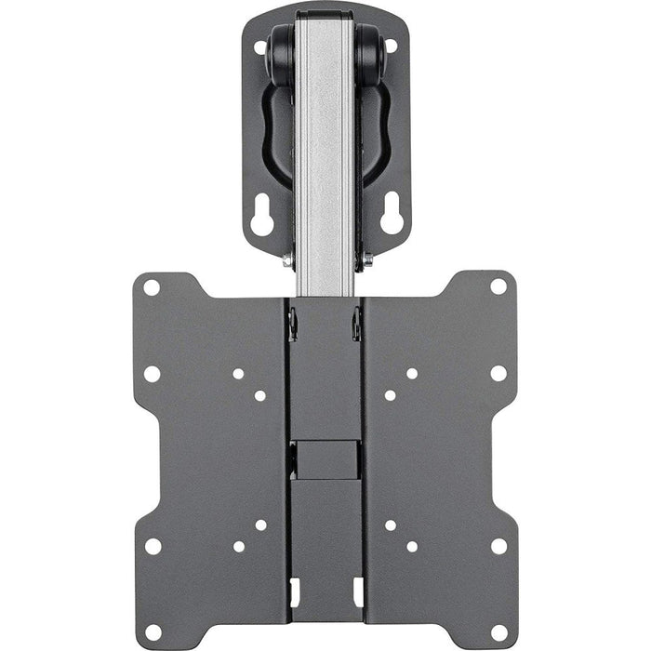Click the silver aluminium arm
[325, 149]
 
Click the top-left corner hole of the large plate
[151, 287]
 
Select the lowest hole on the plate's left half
[152, 605]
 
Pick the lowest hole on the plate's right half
[498, 605]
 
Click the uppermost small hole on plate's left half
[239, 374]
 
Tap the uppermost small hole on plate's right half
[411, 374]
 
